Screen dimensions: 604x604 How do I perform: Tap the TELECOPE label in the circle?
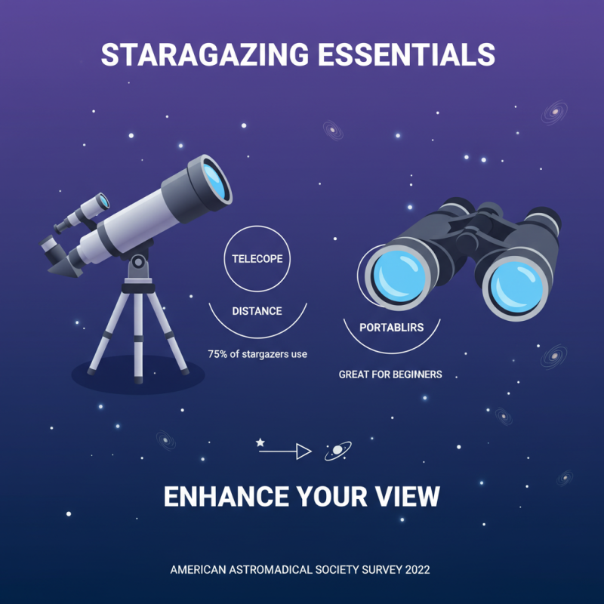[x=257, y=259]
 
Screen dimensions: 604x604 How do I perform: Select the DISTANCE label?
[x=257, y=311]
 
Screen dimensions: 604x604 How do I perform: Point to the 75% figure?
[x=219, y=354]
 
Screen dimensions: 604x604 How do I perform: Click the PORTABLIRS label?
[x=390, y=328]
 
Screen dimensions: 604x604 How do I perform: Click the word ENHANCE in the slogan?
[x=226, y=497]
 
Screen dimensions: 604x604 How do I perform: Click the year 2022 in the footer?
[x=415, y=569]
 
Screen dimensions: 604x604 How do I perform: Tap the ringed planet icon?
[x=337, y=451]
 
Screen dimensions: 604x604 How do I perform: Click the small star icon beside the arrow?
[x=261, y=441]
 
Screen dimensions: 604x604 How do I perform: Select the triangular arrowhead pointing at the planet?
[x=304, y=451]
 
